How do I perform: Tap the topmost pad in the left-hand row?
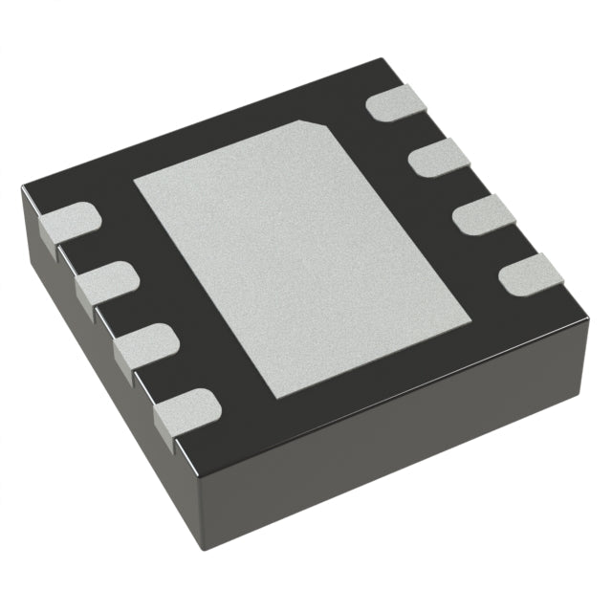click(x=69, y=221)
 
